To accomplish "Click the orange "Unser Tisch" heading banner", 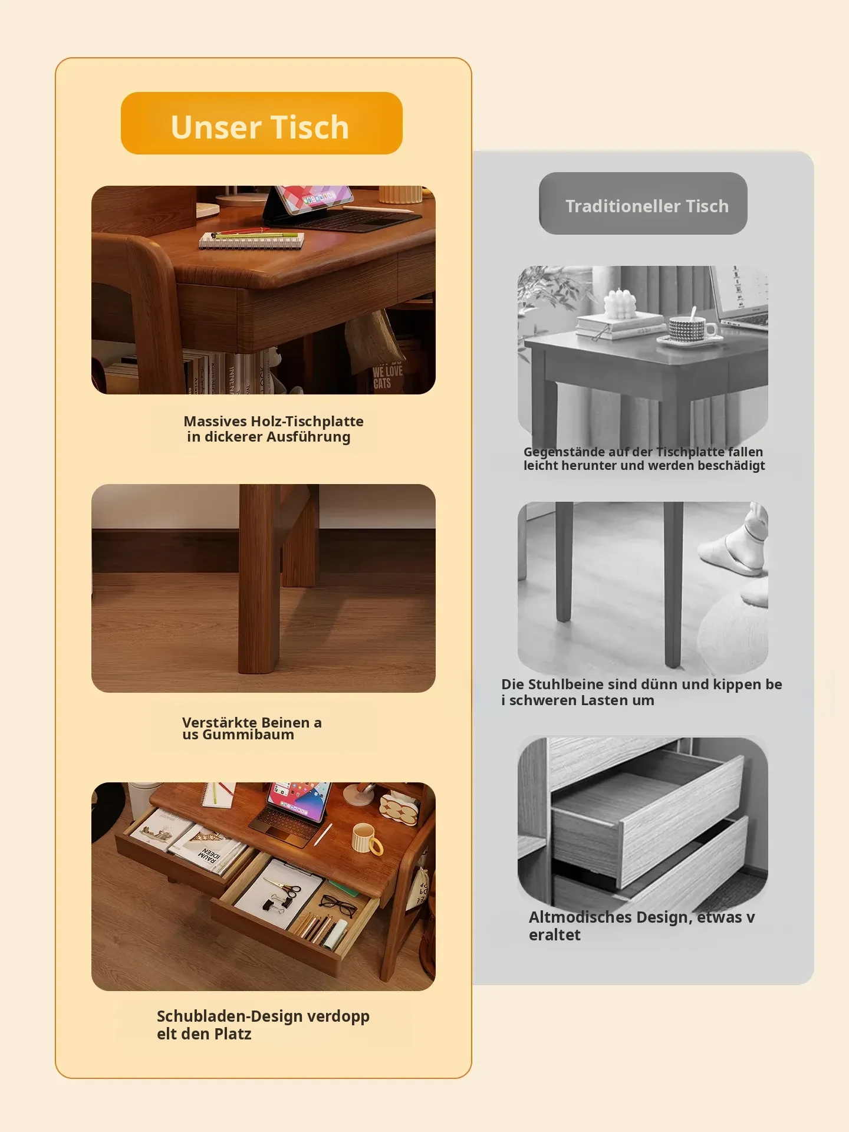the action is tap(262, 123).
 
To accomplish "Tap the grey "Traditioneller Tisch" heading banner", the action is tap(643, 203).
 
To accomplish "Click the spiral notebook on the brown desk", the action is tap(252, 239).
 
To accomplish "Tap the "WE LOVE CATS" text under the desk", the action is tap(387, 377).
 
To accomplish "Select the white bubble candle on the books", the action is tap(620, 304).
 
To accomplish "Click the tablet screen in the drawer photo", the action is tap(298, 800).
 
